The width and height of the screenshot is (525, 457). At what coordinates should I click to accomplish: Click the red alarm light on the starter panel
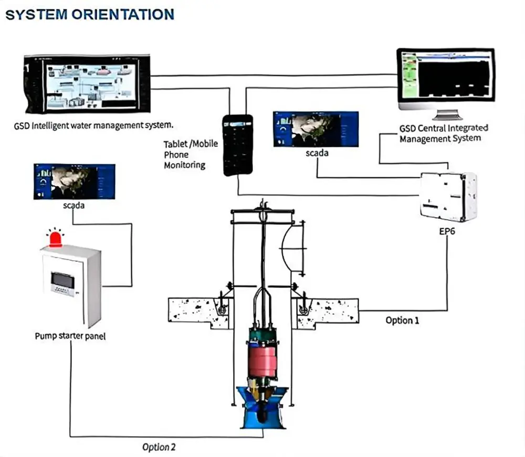pos(55,239)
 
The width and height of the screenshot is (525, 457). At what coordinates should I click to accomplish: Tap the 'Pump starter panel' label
pos(70,336)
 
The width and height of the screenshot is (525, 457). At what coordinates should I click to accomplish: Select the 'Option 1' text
pos(402,320)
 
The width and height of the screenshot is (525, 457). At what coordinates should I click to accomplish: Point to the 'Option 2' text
pos(159,447)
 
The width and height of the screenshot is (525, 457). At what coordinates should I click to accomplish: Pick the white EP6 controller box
pos(448,196)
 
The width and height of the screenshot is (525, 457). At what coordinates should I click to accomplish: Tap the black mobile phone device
pos(238,145)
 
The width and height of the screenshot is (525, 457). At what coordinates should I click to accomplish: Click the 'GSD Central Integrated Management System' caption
pos(444,133)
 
